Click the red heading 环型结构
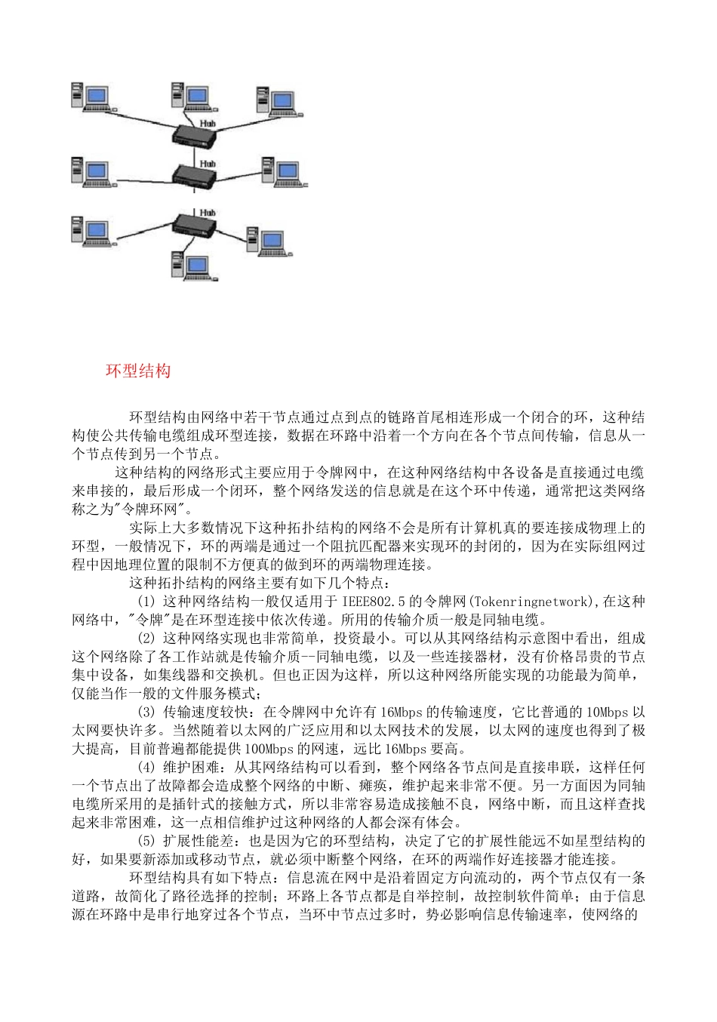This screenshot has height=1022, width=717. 138,371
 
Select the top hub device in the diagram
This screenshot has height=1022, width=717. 195,137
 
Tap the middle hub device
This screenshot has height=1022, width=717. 194,178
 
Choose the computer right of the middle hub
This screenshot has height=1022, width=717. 282,173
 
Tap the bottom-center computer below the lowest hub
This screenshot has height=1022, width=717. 192,265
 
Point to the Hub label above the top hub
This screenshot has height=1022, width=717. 208,122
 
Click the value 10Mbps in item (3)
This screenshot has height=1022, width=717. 607,712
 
